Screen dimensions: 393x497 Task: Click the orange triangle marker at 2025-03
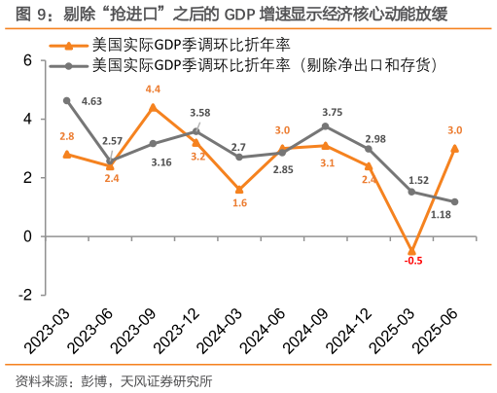(411, 251)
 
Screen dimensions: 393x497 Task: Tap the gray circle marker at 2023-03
(67, 100)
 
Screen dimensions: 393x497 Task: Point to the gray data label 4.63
(92, 100)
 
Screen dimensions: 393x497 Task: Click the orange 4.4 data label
(153, 89)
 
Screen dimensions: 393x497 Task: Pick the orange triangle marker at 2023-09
(153, 107)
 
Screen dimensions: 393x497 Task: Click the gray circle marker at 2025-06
(454, 201)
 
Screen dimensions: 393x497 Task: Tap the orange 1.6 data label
(239, 203)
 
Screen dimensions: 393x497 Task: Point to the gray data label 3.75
(331, 112)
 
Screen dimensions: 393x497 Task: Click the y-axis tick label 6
(27, 60)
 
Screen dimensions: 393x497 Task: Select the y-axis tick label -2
(25, 295)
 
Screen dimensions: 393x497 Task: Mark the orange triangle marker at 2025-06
(454, 148)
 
